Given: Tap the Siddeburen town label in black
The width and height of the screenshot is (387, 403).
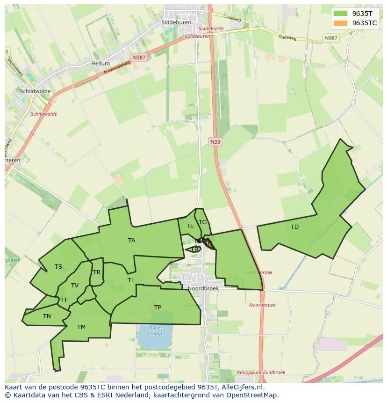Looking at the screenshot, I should [176, 22].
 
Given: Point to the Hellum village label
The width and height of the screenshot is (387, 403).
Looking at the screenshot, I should [100, 63].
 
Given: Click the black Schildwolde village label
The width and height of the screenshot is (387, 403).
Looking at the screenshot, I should [36, 91].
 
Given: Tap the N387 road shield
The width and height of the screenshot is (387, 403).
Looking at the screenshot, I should [138, 58].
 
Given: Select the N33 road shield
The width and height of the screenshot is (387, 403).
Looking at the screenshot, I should [215, 141].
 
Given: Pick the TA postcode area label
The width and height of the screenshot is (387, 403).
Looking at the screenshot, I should [132, 241].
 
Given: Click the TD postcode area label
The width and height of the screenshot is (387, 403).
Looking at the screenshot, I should [294, 227].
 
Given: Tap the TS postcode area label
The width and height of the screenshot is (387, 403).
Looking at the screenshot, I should [58, 267].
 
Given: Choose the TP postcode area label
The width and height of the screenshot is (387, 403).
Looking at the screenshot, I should [158, 308].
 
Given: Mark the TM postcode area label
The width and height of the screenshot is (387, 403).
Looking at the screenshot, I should [81, 327].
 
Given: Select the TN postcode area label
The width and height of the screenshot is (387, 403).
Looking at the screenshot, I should [47, 316].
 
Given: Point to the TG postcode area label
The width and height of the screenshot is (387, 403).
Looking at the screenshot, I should [202, 222].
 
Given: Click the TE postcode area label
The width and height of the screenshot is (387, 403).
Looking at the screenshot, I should [190, 226].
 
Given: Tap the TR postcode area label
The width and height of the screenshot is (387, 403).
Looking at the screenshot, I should [97, 272].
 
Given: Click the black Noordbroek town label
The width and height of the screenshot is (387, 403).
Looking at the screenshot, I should [203, 288].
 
